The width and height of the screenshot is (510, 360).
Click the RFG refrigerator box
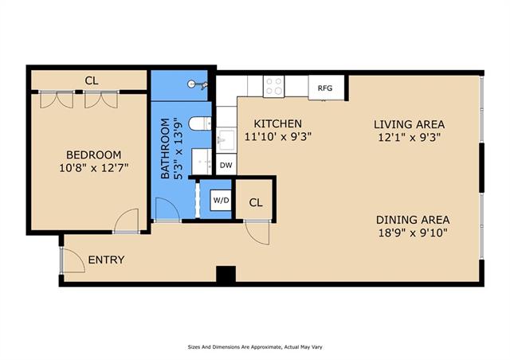click(x=326, y=88)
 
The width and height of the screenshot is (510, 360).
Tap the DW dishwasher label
click(x=226, y=165)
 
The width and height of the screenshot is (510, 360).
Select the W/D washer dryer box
click(x=221, y=200)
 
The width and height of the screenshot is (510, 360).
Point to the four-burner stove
click(x=273, y=86)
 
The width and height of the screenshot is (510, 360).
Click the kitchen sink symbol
click(x=226, y=140)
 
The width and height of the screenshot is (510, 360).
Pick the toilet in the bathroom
click(x=200, y=123)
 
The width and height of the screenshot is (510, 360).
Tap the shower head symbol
click(x=198, y=84)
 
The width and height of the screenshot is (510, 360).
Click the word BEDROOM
click(x=94, y=155)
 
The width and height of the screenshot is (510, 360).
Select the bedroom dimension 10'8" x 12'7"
click(x=94, y=168)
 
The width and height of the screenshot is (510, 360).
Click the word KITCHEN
click(x=278, y=123)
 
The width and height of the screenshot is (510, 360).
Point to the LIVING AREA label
click(x=409, y=124)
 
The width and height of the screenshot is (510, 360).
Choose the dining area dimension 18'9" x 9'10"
click(x=413, y=233)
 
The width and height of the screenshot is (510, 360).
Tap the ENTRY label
click(x=106, y=260)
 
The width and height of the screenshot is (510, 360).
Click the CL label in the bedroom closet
click(x=92, y=80)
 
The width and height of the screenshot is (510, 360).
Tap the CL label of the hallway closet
click(x=256, y=202)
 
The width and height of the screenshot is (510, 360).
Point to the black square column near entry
click(x=226, y=274)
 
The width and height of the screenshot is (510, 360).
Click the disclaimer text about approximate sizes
click(x=255, y=347)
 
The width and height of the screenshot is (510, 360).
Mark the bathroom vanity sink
click(x=202, y=162)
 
